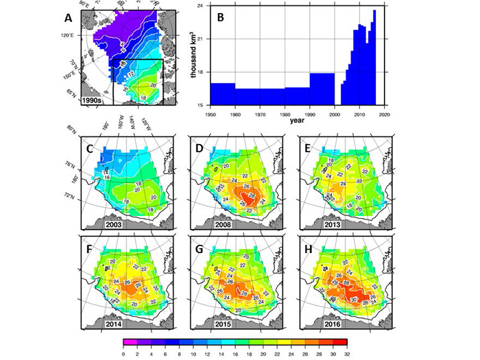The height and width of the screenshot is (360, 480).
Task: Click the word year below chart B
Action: click(x=297, y=120)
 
